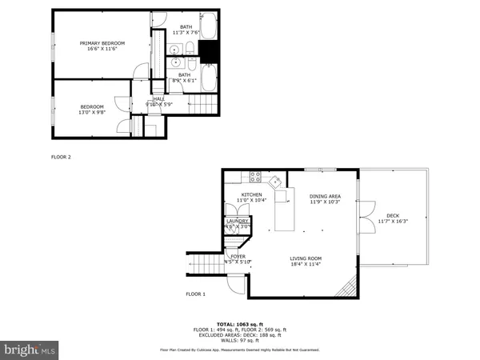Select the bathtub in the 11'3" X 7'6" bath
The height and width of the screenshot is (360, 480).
(x=208, y=29)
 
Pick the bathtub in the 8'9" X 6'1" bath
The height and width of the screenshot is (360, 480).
(x=208, y=78)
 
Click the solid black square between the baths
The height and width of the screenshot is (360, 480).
(x=209, y=52)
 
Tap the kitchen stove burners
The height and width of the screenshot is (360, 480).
(x=257, y=176)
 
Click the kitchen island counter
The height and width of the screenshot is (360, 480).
(x=282, y=211)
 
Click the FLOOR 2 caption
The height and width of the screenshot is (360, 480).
(x=62, y=157)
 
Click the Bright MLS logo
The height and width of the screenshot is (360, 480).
(x=30, y=350)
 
